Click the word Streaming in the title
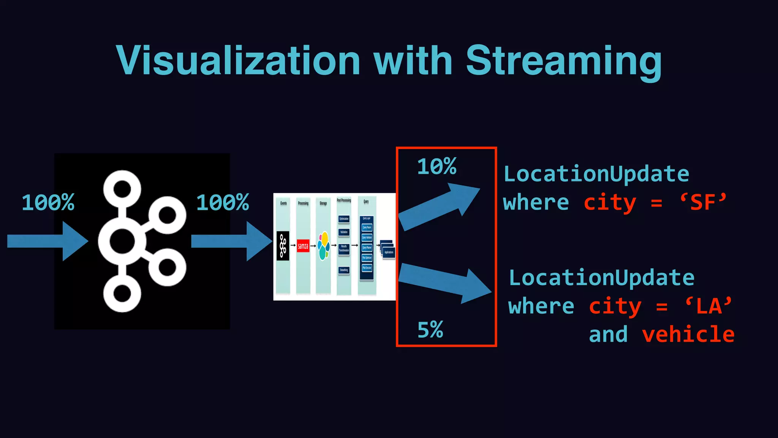click(x=564, y=61)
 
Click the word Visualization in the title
click(x=238, y=61)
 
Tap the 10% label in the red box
click(x=437, y=167)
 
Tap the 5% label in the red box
click(x=430, y=329)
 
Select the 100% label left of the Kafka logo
click(x=48, y=202)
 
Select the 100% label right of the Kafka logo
click(x=223, y=202)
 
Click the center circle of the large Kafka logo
click(x=122, y=241)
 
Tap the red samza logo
click(x=303, y=246)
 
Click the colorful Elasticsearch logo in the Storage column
click(x=323, y=246)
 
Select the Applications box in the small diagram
click(x=389, y=252)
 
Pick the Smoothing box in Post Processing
click(x=344, y=270)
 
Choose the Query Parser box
click(x=367, y=227)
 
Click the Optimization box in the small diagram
click(x=344, y=219)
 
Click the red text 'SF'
click(x=703, y=202)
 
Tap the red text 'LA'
click(x=709, y=306)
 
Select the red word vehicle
click(x=688, y=335)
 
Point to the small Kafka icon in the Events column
click(x=283, y=246)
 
